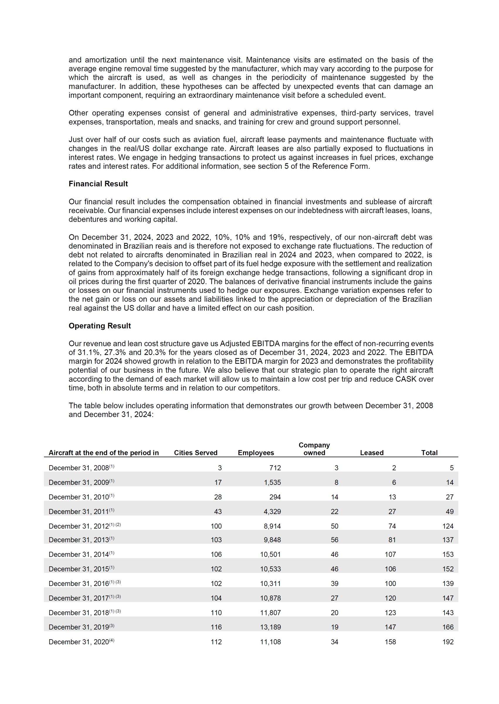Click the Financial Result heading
tap(98, 184)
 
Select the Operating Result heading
tap(100, 326)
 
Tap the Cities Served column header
tap(196, 453)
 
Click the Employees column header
tap(256, 453)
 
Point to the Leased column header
tap(371, 453)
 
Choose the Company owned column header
tap(314, 449)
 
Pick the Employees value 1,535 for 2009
tap(272, 482)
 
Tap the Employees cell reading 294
tap(275, 497)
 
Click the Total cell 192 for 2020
tap(448, 642)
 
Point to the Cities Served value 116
tap(216, 627)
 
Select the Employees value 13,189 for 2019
tap(270, 627)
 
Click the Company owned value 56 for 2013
tap(334, 540)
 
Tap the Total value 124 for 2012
tap(448, 526)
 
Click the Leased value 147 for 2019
tap(390, 627)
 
